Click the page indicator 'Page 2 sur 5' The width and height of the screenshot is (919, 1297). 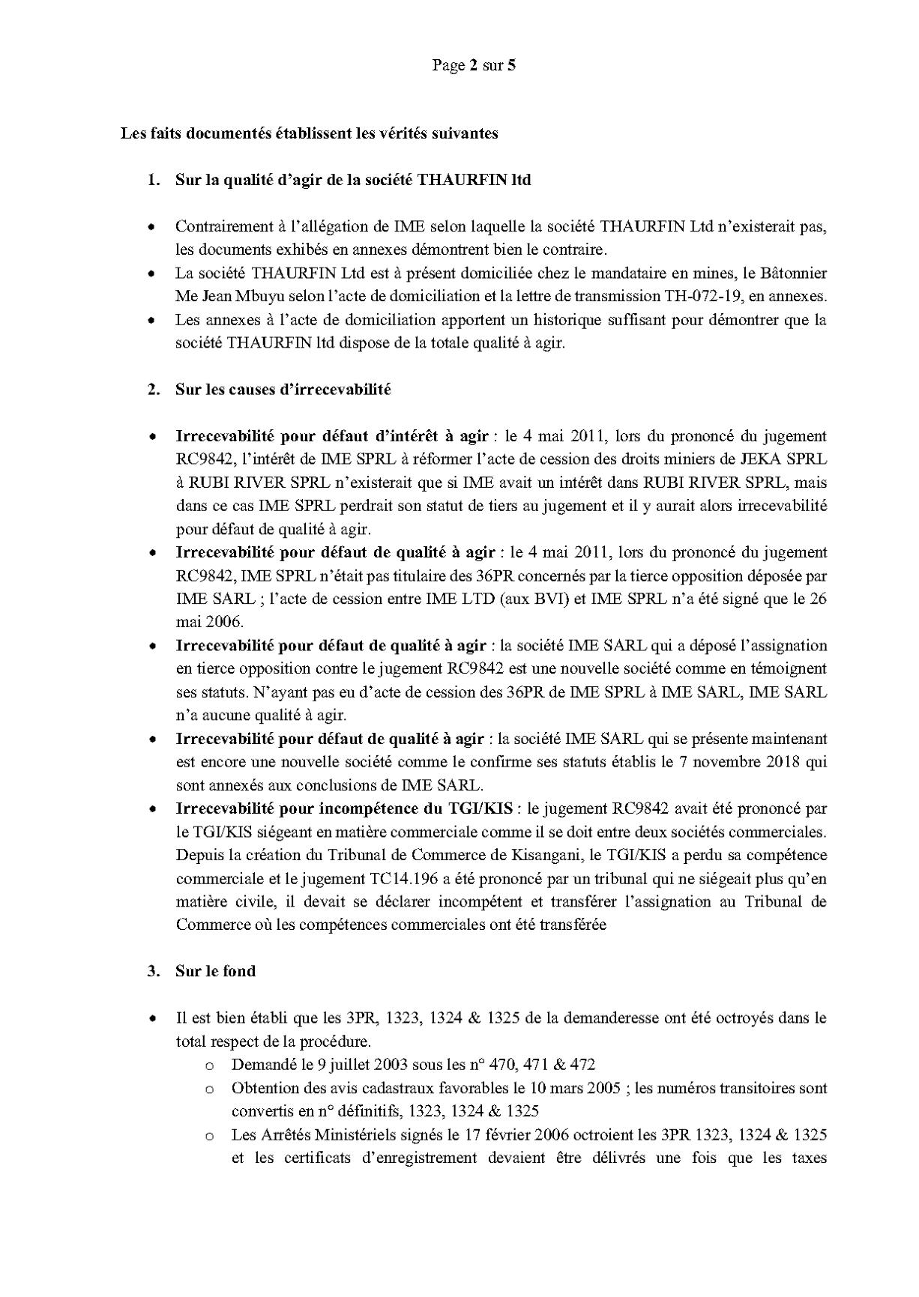[474, 65]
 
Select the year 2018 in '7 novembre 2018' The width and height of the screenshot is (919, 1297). [774, 761]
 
